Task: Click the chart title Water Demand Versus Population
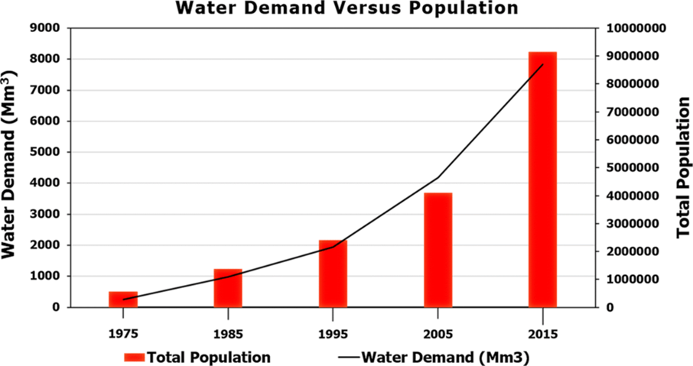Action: (346, 8)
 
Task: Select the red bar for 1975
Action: (123, 299)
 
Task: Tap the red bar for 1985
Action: (228, 288)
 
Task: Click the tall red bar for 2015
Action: (542, 180)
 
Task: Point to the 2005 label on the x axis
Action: (438, 334)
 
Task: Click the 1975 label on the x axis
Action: (123, 334)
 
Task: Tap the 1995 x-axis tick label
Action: (333, 334)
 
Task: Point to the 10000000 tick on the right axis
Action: (635, 28)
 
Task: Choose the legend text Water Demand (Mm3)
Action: (446, 357)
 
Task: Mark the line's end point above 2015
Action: (542, 65)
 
